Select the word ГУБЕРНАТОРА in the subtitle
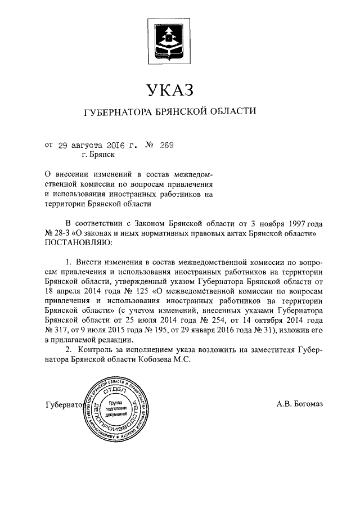[115, 112]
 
